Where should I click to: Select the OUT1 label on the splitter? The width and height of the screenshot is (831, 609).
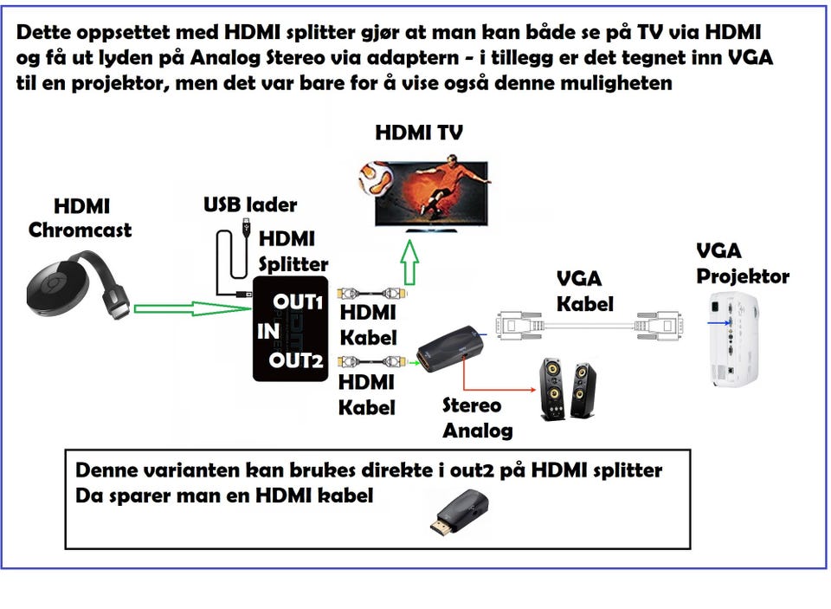tap(299, 301)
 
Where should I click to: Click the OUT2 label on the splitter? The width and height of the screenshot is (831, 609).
tap(295, 360)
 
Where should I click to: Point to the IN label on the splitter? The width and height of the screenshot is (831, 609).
tap(267, 330)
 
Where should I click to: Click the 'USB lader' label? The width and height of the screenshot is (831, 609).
tap(250, 205)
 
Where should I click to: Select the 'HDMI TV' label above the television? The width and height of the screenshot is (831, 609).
tap(418, 133)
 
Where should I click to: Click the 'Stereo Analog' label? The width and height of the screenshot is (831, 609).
tap(477, 418)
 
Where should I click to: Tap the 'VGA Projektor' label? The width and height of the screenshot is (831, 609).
tap(742, 264)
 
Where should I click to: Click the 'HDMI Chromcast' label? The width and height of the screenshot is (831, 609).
tap(81, 218)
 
